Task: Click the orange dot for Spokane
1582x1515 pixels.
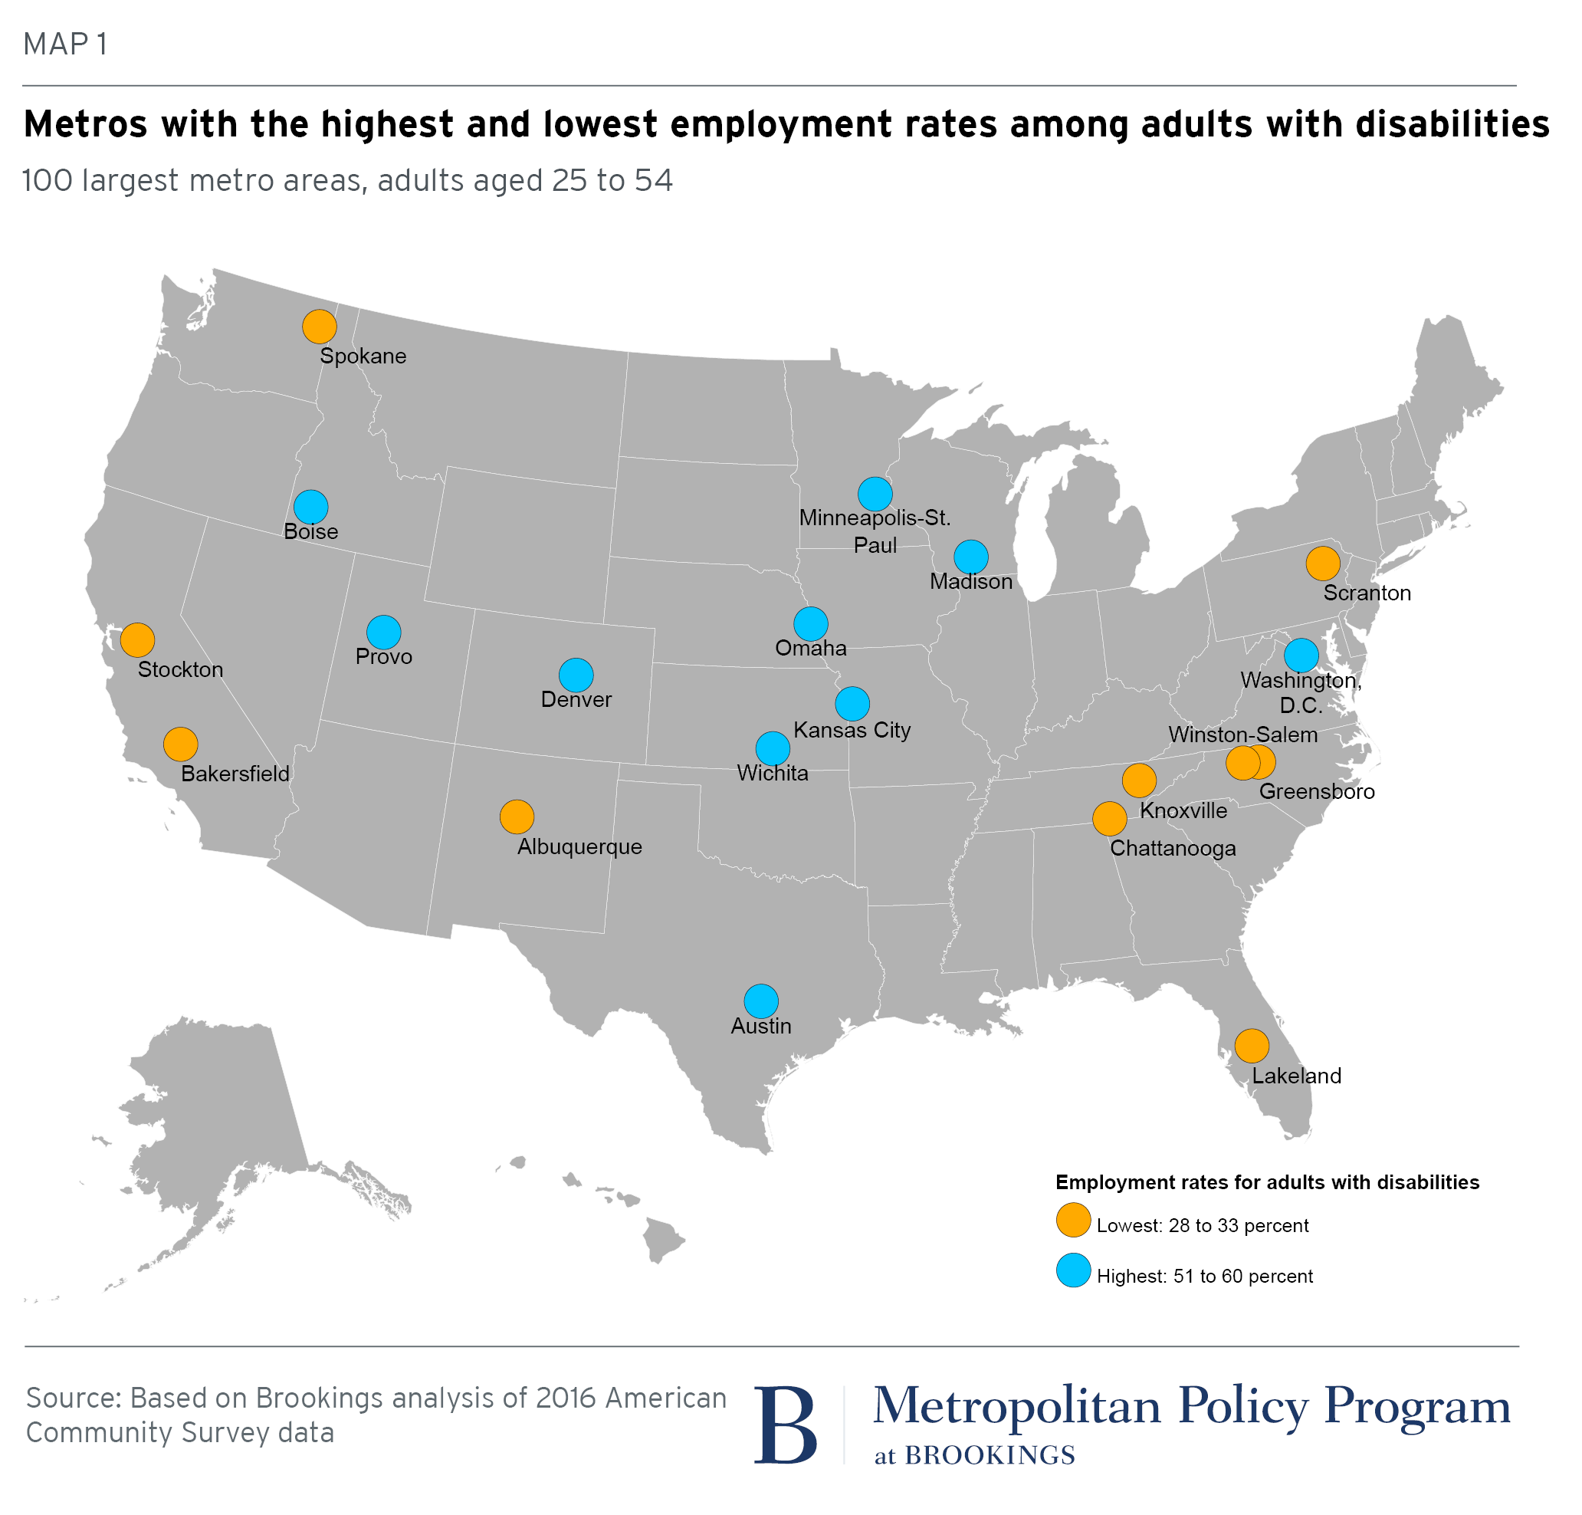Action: tap(320, 327)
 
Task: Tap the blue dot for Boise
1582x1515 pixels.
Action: tap(310, 507)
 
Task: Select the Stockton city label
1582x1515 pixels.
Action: tap(180, 669)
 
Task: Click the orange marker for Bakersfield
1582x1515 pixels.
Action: tap(181, 744)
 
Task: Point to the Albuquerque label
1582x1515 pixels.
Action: tap(579, 846)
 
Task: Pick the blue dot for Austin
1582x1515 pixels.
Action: tap(761, 1001)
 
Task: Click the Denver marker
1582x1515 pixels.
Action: tap(576, 675)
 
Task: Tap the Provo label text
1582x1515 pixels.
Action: tap(383, 656)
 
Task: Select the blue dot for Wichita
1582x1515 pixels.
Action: tap(773, 748)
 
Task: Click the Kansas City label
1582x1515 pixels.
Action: tap(852, 730)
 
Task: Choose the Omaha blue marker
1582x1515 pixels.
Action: tap(811, 623)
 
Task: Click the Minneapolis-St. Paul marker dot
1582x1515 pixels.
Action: tap(875, 494)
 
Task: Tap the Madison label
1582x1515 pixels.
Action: tap(970, 581)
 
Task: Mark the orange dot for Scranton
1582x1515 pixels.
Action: tap(1323, 564)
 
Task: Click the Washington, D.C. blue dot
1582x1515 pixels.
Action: tap(1301, 655)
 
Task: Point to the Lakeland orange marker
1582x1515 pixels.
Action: tap(1252, 1046)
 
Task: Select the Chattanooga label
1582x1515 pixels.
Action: tap(1173, 848)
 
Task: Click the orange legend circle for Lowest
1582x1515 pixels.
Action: tap(1074, 1221)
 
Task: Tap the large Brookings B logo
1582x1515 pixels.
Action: tap(786, 1425)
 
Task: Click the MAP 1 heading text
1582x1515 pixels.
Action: tap(65, 44)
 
